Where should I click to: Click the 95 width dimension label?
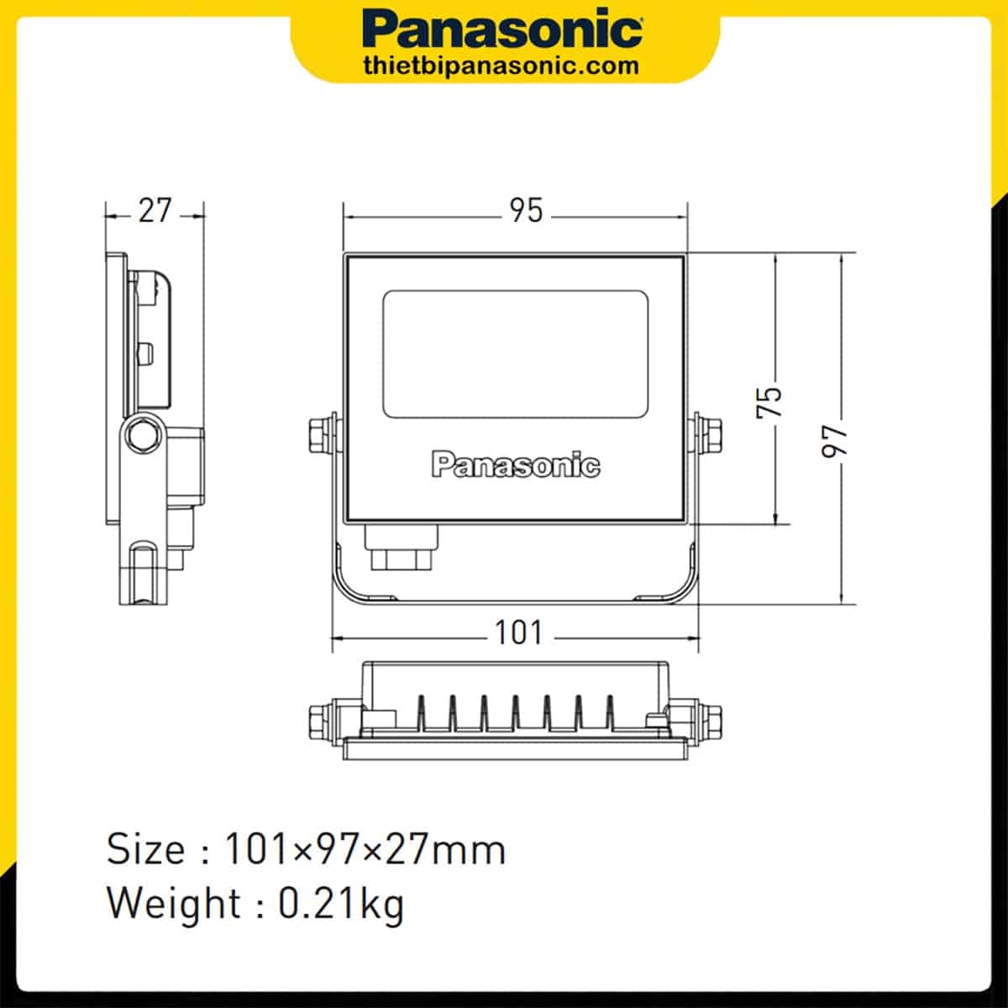[x=526, y=210]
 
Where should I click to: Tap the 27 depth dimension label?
[x=155, y=210]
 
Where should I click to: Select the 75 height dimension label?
[x=769, y=402]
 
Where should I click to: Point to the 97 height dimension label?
[x=834, y=442]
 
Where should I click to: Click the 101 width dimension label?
[x=519, y=633]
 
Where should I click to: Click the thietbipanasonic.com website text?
[x=501, y=66]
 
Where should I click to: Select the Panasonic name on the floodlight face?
[x=516, y=464]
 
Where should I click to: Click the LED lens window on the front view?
[x=515, y=354]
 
